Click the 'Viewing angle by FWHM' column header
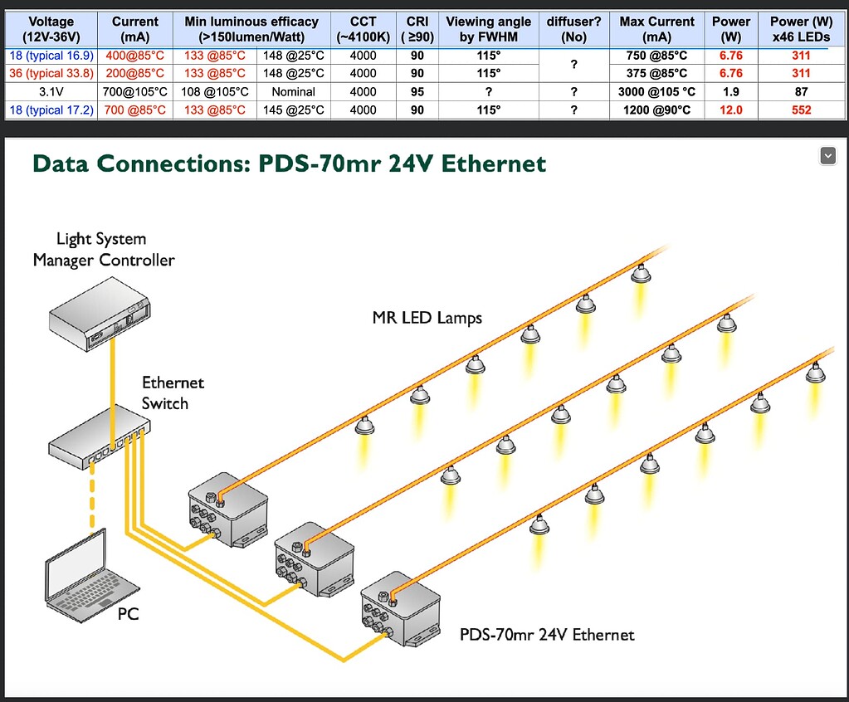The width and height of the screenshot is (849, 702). coord(488,29)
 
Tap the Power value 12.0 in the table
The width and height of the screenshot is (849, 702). coord(730,110)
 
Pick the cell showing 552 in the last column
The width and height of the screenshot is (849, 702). coord(801,110)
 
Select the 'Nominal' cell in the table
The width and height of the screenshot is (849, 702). coord(293,91)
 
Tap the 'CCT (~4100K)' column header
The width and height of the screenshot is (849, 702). coord(363,29)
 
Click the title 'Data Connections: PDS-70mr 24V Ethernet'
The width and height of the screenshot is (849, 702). coord(289,163)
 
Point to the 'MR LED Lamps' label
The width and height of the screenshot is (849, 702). coord(427,318)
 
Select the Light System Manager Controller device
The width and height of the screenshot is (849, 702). coord(100,315)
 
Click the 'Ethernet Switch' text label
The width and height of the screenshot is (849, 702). coord(172,393)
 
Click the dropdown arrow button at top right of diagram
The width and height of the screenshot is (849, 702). coord(827,155)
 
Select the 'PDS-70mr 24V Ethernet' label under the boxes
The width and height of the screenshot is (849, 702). coord(547,635)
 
